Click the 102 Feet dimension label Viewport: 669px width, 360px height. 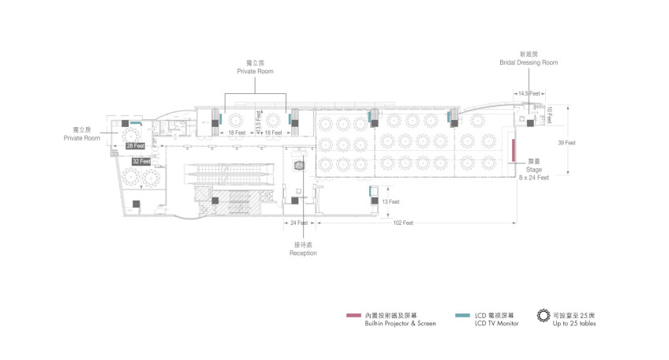tap(402, 223)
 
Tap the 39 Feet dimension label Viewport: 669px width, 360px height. tap(566, 143)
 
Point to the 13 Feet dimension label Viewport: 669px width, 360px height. tap(390, 202)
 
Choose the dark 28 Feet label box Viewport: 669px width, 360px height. tap(135, 146)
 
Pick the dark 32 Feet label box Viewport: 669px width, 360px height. tap(141, 161)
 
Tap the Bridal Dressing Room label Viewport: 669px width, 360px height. tap(528, 62)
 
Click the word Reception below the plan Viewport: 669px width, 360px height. tap(302, 253)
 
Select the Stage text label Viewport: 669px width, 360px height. tap(534, 170)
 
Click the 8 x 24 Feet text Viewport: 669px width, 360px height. tap(534, 178)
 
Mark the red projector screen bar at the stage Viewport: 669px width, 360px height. tap(514, 151)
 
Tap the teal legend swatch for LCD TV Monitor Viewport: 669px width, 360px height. tap(463, 317)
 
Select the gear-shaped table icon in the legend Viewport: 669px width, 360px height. tap(543, 317)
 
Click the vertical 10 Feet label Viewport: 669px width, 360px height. tap(550, 114)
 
